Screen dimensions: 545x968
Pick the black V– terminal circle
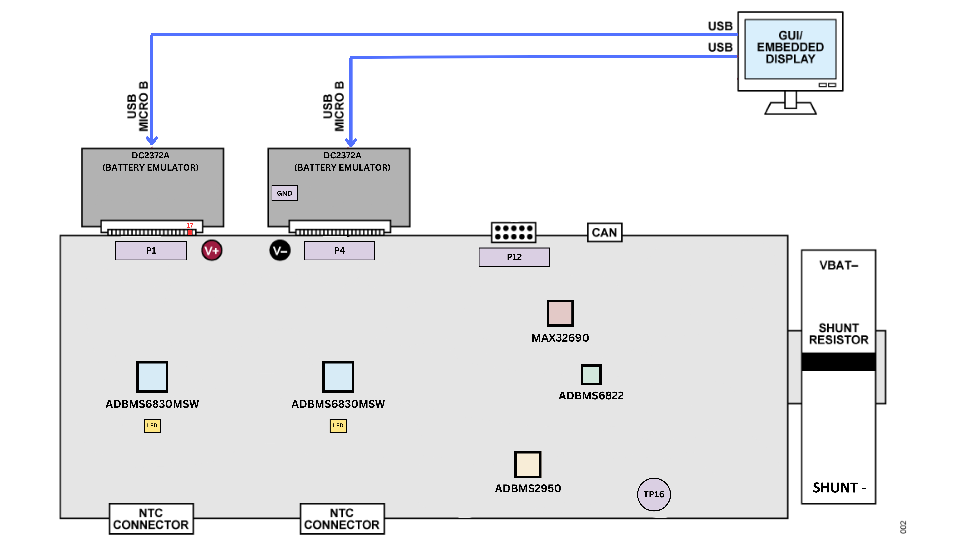point(280,250)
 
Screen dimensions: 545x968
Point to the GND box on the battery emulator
point(284,193)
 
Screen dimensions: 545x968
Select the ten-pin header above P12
point(513,232)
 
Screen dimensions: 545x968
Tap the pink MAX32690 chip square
point(560,313)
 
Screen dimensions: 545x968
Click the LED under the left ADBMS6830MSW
point(152,425)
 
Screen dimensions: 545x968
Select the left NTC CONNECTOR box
point(151,519)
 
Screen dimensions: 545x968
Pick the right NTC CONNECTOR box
point(342,519)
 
